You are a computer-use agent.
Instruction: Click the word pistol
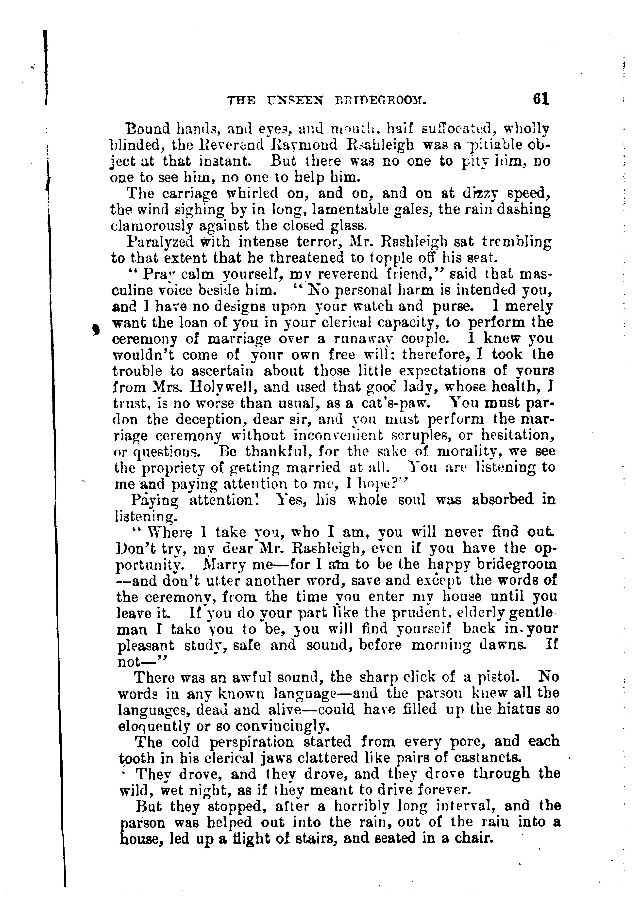click(x=500, y=677)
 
